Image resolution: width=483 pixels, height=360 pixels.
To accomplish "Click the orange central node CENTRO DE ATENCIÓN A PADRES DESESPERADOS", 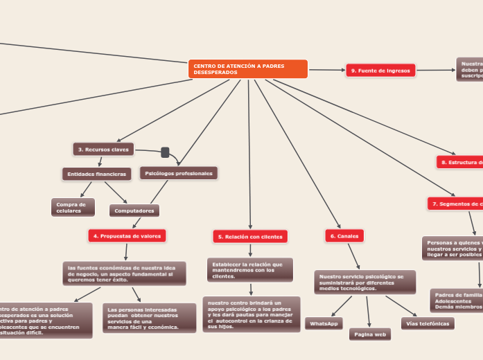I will pyautogui.click(x=247, y=69).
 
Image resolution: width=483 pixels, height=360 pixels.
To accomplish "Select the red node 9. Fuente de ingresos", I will pyautogui.click(x=380, y=70).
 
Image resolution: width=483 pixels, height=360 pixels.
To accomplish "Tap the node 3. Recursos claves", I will pyautogui.click(x=103, y=149).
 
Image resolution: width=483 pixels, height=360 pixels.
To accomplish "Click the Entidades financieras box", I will pyautogui.click(x=96, y=174).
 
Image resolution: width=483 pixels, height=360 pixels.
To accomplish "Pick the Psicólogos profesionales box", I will pyautogui.click(x=179, y=173).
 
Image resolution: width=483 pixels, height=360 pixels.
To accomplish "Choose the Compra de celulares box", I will pyautogui.click(x=73, y=207).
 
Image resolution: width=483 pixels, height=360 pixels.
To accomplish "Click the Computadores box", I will pyautogui.click(x=134, y=210).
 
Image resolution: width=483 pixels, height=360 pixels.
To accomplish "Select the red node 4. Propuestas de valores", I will pyautogui.click(x=127, y=236).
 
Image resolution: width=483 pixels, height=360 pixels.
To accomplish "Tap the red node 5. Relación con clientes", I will pyautogui.click(x=250, y=237).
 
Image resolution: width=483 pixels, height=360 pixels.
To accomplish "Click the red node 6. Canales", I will pyautogui.click(x=344, y=236).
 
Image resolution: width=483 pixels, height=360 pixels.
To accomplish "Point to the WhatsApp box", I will pyautogui.click(x=324, y=323).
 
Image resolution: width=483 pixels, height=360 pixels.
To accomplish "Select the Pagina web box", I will pyautogui.click(x=370, y=334).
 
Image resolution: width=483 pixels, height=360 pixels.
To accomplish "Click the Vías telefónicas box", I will pyautogui.click(x=428, y=323).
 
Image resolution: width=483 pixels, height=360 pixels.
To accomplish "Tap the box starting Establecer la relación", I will pyautogui.click(x=249, y=270).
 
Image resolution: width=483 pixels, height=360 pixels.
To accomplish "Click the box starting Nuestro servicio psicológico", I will pyautogui.click(x=365, y=282).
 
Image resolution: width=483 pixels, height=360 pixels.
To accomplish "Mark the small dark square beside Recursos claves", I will pyautogui.click(x=165, y=152).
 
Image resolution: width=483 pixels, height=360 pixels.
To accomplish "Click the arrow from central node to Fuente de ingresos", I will pyautogui.click(x=327, y=69).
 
